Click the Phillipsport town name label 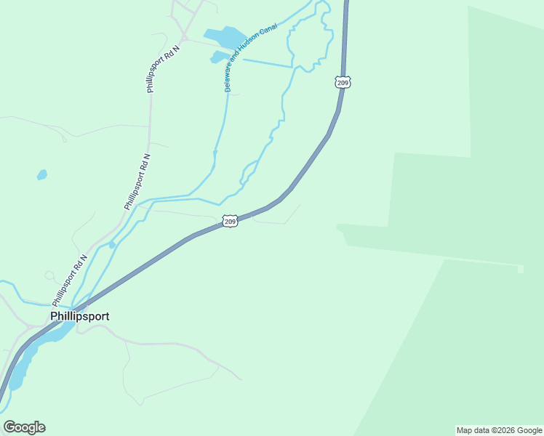79,316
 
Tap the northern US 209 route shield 343,81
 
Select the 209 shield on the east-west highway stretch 230,220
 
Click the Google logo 24,427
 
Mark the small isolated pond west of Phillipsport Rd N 42,175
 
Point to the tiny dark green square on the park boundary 520,270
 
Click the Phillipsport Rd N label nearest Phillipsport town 69,280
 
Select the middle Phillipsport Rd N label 137,182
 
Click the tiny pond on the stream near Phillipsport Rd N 111,246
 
